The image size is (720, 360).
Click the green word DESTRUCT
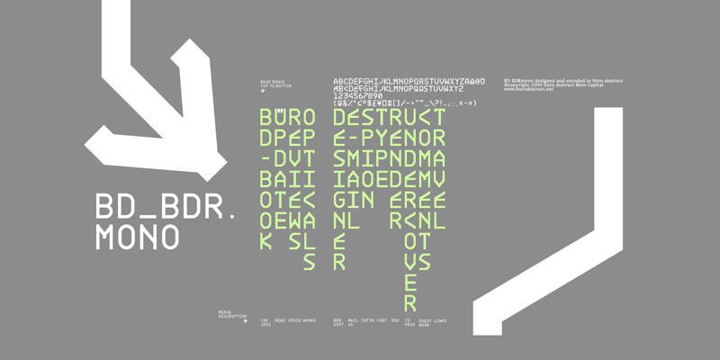[x=388, y=118]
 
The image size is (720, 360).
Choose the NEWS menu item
[x=281, y=319]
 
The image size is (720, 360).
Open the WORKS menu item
[x=310, y=319]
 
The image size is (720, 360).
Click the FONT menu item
[x=382, y=319]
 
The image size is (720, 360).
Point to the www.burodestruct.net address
[x=528, y=90]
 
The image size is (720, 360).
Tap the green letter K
[x=265, y=242]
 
